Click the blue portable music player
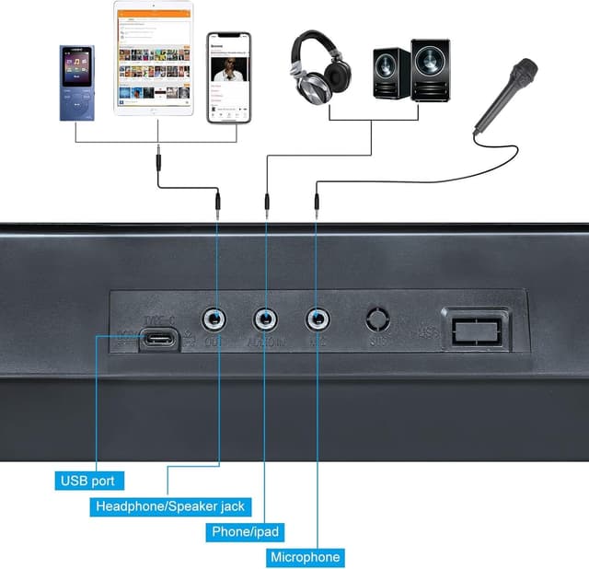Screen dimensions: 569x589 click(77, 82)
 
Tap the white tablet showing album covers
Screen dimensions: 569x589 click(154, 58)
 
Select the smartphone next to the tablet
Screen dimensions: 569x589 click(229, 78)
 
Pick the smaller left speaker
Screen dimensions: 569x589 click(391, 73)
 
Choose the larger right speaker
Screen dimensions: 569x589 click(430, 71)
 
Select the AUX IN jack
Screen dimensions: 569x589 click(267, 319)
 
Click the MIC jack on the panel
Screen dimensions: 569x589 click(318, 319)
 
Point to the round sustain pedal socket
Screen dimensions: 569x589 click(378, 319)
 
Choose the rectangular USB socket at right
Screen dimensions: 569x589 click(476, 328)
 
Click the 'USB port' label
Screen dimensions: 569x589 click(87, 480)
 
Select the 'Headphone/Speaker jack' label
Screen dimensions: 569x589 click(169, 505)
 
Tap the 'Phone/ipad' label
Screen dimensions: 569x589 click(245, 531)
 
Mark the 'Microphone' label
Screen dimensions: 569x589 click(306, 557)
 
